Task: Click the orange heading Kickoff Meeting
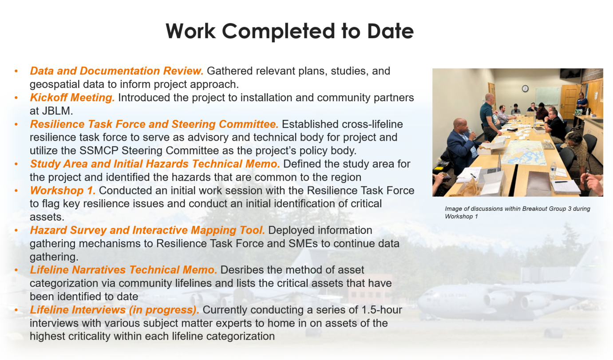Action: click(72, 98)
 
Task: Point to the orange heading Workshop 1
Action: click(63, 190)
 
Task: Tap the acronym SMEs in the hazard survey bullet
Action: click(288, 244)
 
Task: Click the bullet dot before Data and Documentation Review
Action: click(16, 71)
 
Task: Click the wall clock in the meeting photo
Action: click(525, 88)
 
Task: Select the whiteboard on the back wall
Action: click(547, 95)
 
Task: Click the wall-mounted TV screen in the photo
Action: click(569, 73)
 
